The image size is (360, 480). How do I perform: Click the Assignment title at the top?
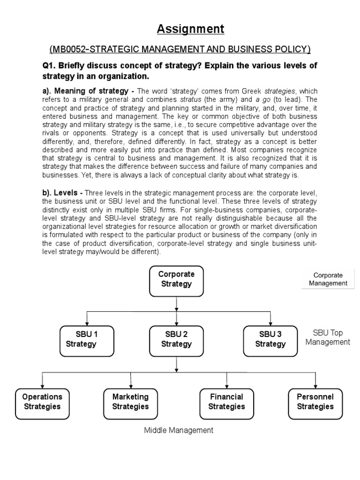click(x=190, y=29)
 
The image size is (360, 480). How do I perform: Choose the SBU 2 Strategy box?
click(x=176, y=339)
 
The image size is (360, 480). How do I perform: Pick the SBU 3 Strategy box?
click(x=270, y=339)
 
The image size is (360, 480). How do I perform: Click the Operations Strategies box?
click(x=42, y=402)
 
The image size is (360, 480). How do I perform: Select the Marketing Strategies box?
click(x=130, y=402)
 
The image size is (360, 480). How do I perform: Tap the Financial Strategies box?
click(x=227, y=402)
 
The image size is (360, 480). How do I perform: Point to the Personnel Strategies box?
click(x=315, y=402)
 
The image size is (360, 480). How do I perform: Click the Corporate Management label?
click(x=328, y=279)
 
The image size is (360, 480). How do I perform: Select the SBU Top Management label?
click(x=328, y=337)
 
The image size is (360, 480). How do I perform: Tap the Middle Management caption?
click(x=178, y=430)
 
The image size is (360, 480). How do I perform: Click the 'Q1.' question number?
click(x=49, y=65)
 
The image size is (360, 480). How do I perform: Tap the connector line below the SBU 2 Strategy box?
click(x=176, y=363)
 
